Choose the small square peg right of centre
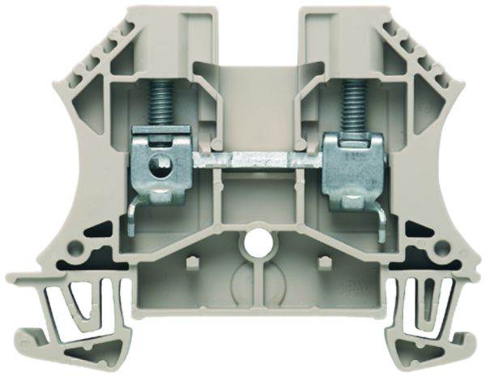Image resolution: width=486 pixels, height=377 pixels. point(322,263)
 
